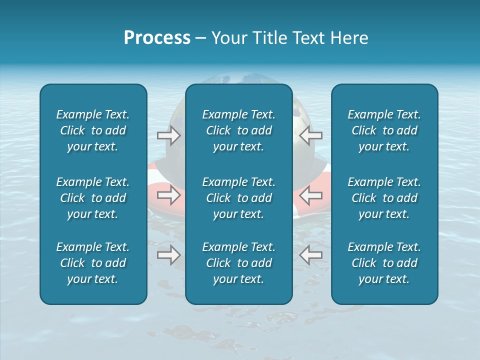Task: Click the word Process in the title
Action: [x=157, y=38]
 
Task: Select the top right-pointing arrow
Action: [x=169, y=135]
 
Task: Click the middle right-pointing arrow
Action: [x=169, y=195]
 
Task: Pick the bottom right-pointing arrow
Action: [x=169, y=255]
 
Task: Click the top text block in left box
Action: [x=93, y=130]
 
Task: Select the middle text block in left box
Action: [x=93, y=198]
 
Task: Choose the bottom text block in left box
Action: [x=93, y=263]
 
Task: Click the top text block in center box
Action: [x=239, y=130]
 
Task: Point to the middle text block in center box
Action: [x=239, y=198]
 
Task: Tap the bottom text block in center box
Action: [x=239, y=263]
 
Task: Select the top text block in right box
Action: [x=384, y=130]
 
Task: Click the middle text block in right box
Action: [x=384, y=198]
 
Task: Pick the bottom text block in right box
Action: [x=384, y=263]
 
